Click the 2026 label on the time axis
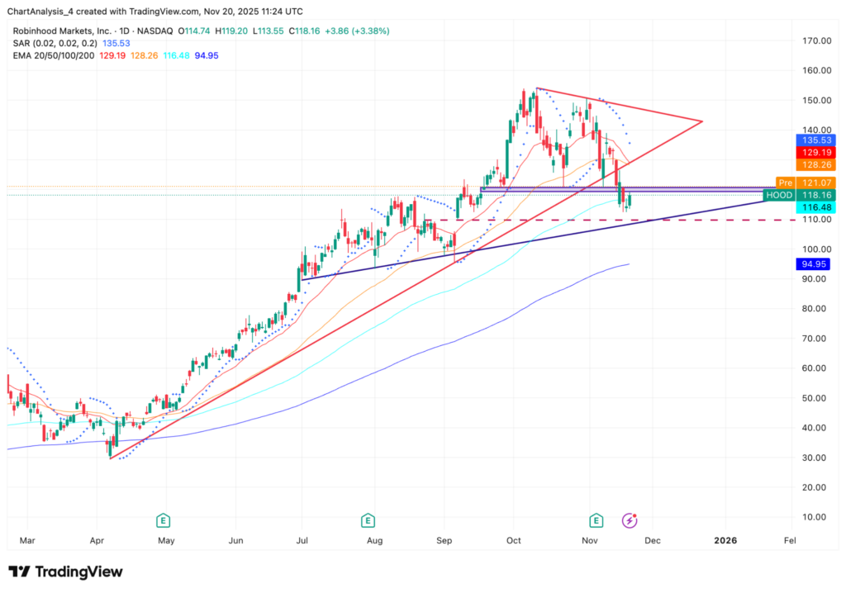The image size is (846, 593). coord(725,541)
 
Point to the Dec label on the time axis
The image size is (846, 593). coord(653,541)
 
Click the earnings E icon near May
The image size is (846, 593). coord(164,520)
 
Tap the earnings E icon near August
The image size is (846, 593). coord(368,520)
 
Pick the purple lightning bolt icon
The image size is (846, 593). coord(630,520)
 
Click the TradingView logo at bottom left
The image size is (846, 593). coord(66,572)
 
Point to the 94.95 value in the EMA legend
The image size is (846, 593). coord(207,55)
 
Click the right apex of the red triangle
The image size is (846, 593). coord(701,121)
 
